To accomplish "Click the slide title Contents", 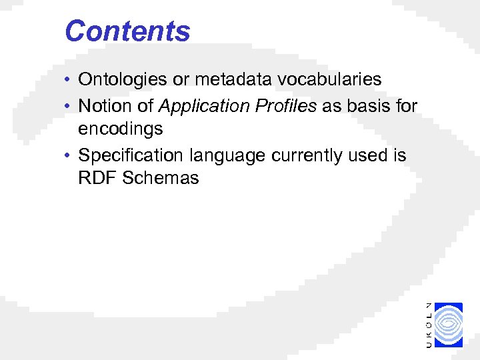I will coord(127,31).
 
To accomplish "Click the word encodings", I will coord(121,129).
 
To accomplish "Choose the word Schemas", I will coord(161,179).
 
